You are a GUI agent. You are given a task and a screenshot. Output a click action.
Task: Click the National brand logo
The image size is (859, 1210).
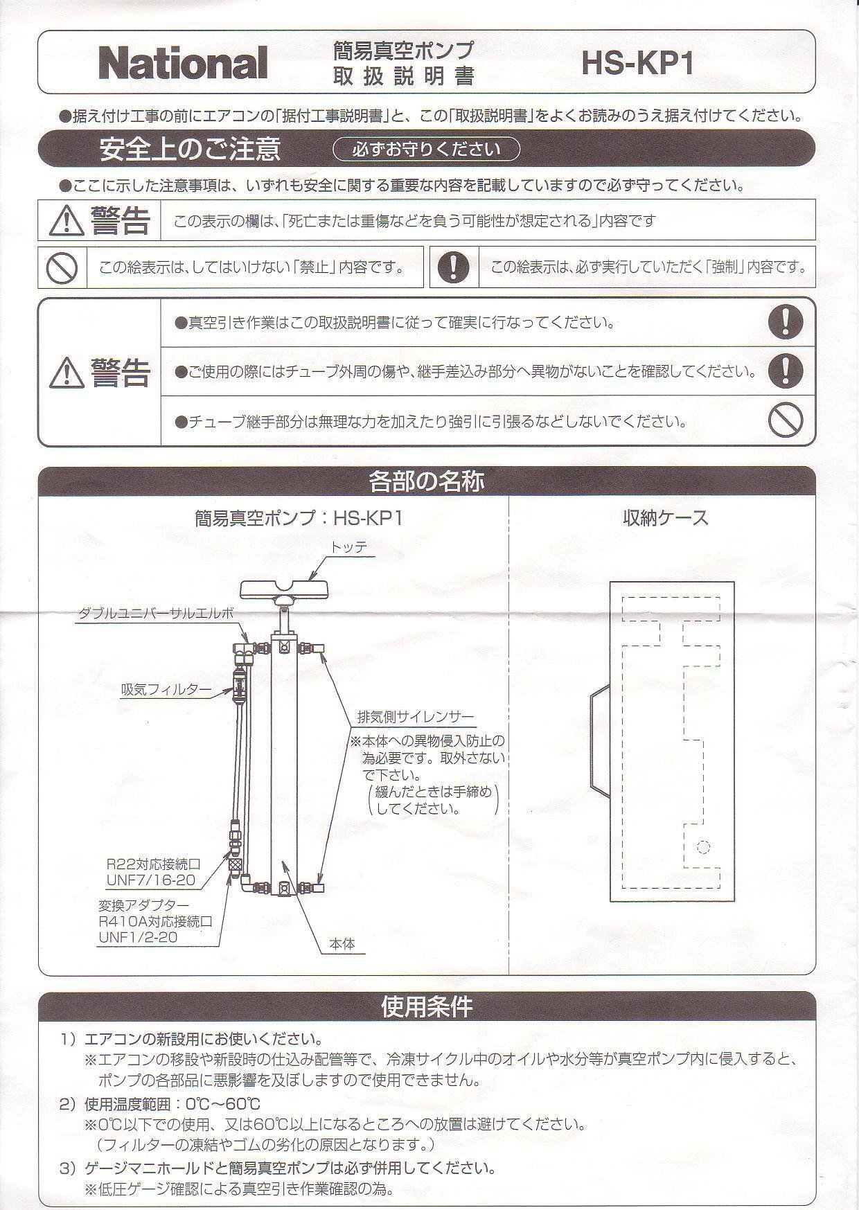[183, 63]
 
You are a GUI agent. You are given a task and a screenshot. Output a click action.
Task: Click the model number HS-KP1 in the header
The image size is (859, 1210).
[637, 64]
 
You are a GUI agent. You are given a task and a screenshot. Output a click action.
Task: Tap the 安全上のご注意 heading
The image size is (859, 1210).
[190, 149]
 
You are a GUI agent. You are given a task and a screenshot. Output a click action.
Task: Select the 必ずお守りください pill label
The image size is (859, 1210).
[426, 149]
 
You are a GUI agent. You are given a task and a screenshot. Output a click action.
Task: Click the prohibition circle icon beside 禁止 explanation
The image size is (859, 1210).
[61, 267]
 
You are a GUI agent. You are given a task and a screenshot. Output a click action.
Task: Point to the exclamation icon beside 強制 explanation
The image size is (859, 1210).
[454, 267]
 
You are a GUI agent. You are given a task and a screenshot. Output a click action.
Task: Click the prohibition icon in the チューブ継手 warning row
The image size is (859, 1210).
[786, 420]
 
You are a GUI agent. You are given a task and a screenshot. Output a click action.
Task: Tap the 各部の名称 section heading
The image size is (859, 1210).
[426, 481]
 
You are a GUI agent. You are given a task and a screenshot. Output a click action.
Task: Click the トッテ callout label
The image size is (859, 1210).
[348, 547]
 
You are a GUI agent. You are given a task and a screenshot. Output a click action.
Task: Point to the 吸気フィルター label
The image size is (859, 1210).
[166, 689]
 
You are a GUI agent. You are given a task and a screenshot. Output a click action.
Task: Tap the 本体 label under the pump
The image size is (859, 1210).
[342, 943]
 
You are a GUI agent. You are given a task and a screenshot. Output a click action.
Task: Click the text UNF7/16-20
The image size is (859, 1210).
[150, 880]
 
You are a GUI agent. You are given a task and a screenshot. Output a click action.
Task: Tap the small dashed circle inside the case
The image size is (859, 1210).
[703, 846]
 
